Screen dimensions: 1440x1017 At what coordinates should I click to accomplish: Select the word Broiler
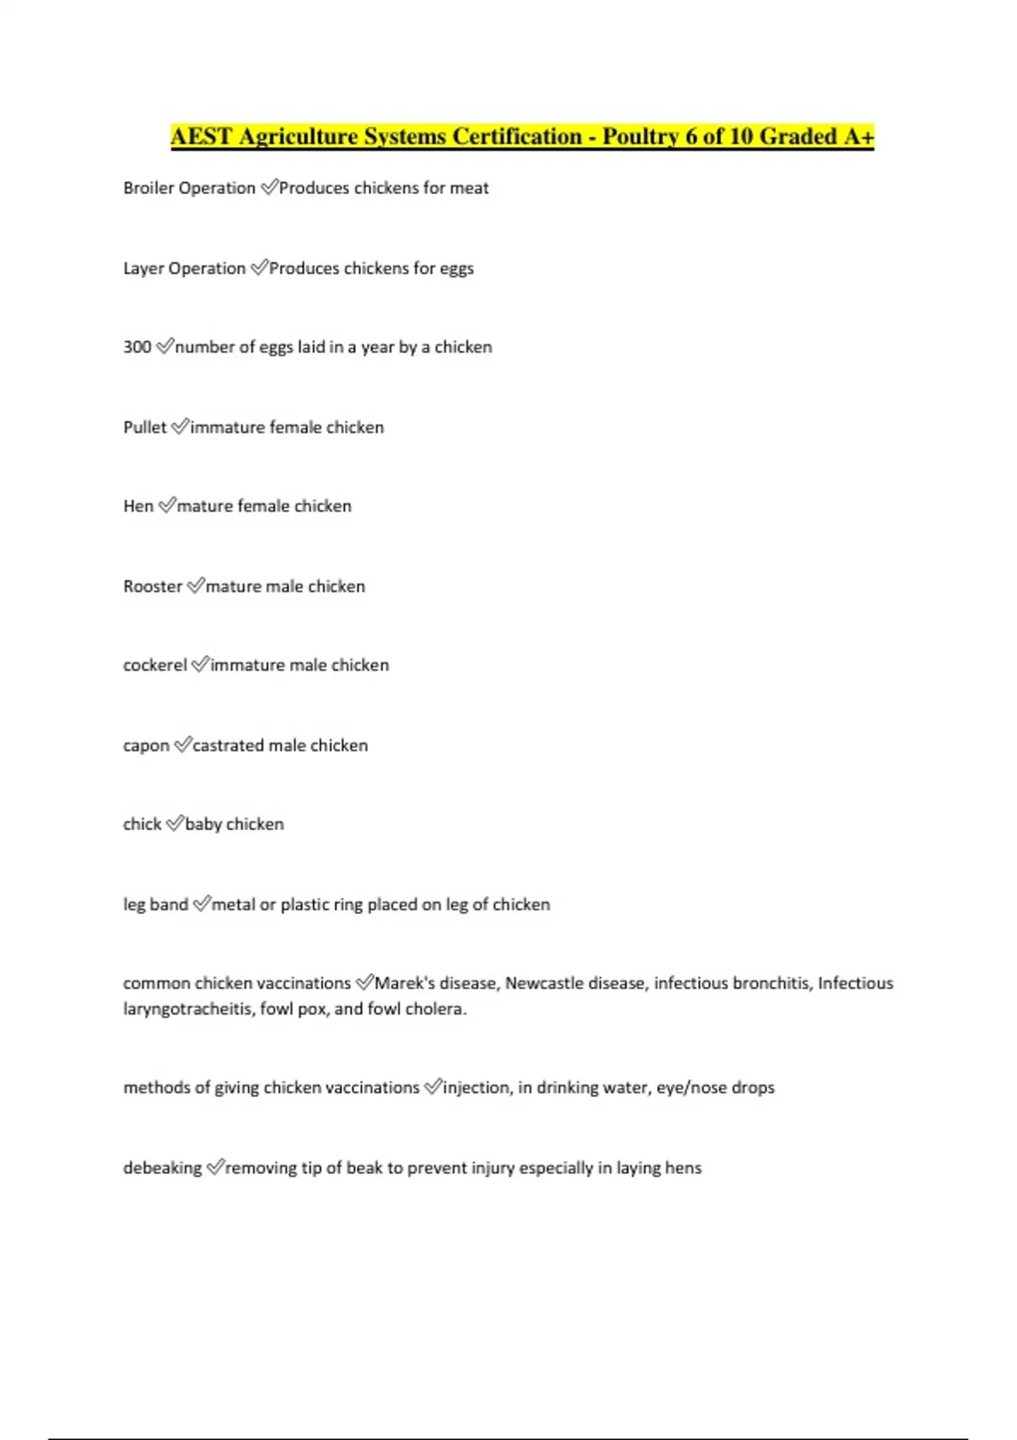pyautogui.click(x=148, y=188)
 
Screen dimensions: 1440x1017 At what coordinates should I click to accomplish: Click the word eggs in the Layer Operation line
pyautogui.click(x=456, y=269)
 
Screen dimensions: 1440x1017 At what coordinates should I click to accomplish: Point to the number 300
pyautogui.click(x=137, y=347)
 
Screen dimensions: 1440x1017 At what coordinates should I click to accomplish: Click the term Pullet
pyautogui.click(x=145, y=428)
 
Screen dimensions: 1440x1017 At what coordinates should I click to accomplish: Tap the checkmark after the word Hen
pyautogui.click(x=167, y=506)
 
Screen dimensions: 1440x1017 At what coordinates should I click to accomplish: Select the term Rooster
pyautogui.click(x=153, y=586)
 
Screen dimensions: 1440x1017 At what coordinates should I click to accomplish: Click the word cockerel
pyautogui.click(x=155, y=665)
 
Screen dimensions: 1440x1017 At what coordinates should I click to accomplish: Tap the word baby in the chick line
pyautogui.click(x=203, y=824)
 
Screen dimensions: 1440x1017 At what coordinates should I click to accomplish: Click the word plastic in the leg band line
pyautogui.click(x=304, y=905)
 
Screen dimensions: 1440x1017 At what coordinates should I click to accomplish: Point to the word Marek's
pyautogui.click(x=403, y=983)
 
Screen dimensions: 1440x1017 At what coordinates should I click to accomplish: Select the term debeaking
pyautogui.click(x=163, y=1168)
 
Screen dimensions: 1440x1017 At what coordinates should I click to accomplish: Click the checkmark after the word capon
pyautogui.click(x=182, y=745)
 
